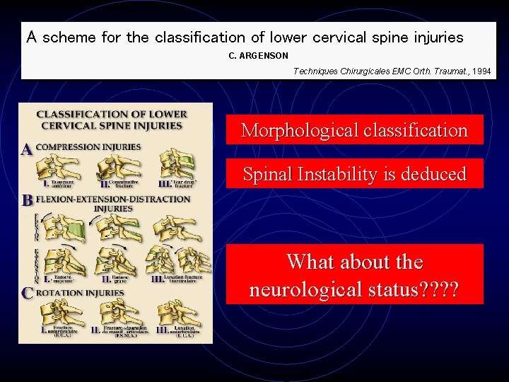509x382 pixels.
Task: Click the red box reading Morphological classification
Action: tap(354, 130)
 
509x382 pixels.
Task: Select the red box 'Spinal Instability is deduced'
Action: tap(354, 174)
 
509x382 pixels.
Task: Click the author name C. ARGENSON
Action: tap(259, 55)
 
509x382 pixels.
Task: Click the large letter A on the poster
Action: tap(26, 150)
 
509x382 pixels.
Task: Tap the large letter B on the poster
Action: tap(27, 201)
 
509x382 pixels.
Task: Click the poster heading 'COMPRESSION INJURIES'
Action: tap(88, 147)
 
